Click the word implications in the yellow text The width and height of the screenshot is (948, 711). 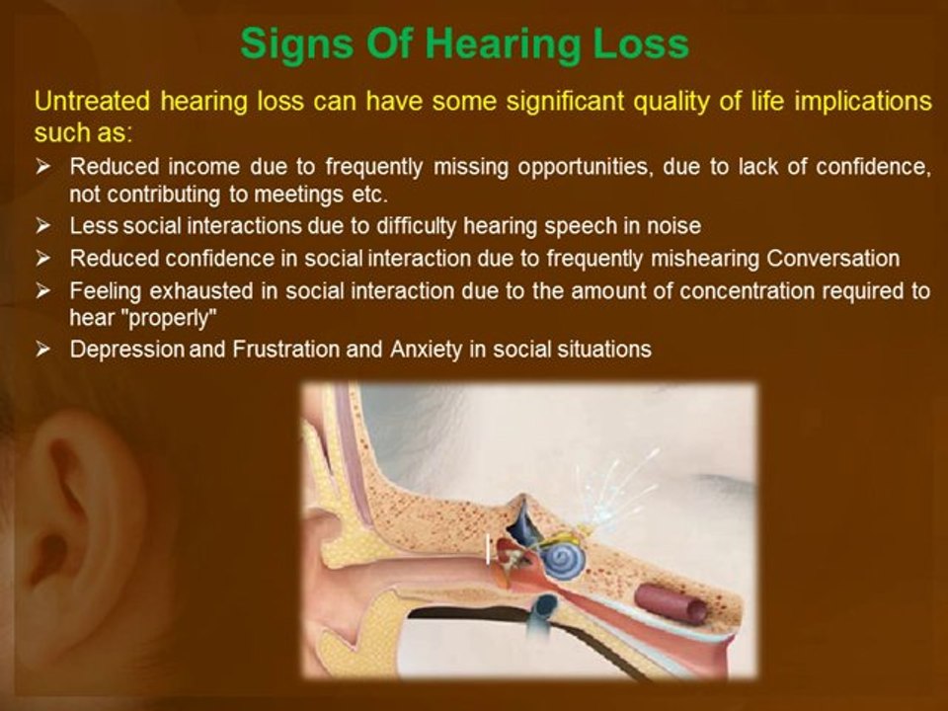click(x=863, y=102)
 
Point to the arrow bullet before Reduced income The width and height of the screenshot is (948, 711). click(x=43, y=167)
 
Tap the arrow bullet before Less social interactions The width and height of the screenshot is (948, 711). click(x=43, y=226)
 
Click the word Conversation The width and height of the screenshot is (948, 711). click(x=833, y=259)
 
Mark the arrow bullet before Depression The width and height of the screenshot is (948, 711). click(x=43, y=350)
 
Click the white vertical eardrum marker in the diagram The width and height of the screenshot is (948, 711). click(x=488, y=549)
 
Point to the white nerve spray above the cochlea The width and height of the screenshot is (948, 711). click(x=610, y=490)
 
